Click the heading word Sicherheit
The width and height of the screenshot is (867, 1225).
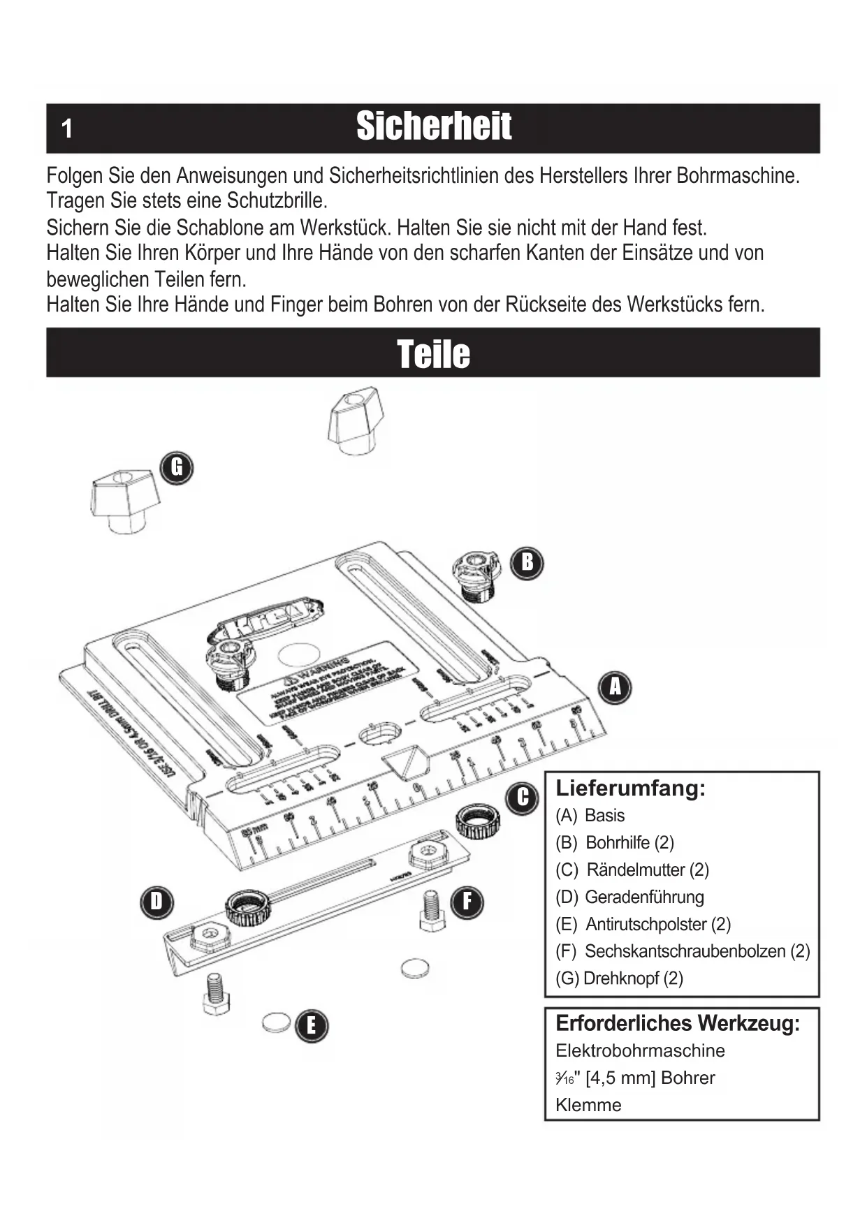(433, 127)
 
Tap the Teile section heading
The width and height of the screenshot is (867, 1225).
(433, 353)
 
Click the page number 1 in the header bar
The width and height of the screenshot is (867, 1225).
(67, 129)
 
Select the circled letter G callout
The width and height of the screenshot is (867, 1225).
(177, 467)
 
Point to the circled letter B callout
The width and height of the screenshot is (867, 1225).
(527, 562)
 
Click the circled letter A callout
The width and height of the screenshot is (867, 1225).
(615, 687)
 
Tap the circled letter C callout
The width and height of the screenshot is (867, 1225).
(523, 798)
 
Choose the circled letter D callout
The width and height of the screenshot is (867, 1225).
(156, 902)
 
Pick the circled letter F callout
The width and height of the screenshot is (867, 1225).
(467, 902)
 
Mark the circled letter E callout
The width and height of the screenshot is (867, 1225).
(311, 1026)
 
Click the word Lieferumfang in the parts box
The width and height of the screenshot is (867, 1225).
(630, 788)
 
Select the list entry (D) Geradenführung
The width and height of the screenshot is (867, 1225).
(629, 897)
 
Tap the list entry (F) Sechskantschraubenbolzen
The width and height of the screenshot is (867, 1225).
(683, 951)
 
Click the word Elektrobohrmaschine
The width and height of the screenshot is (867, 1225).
(640, 1050)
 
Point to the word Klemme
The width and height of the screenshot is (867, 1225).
(588, 1105)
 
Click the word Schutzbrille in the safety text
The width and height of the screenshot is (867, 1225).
(277, 201)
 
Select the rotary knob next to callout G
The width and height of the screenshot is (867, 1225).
(124, 500)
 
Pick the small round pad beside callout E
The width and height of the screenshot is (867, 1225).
(276, 1022)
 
